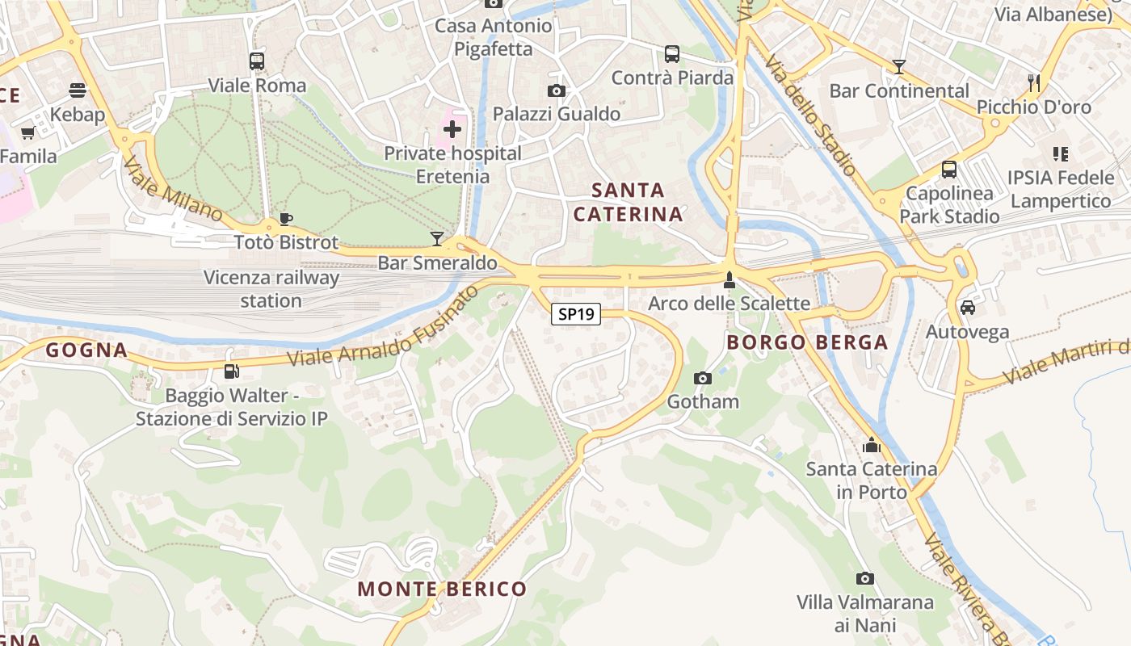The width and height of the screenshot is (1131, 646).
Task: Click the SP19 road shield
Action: click(x=576, y=314)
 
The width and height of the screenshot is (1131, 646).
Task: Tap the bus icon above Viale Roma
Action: click(x=257, y=61)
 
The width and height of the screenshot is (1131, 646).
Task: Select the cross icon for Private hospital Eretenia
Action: click(x=452, y=128)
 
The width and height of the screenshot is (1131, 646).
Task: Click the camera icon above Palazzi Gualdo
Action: click(x=557, y=90)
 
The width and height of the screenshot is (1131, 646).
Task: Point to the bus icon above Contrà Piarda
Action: click(x=672, y=54)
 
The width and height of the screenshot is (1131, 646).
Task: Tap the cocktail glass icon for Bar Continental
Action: click(x=898, y=67)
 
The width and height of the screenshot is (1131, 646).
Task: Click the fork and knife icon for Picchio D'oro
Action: click(x=1033, y=82)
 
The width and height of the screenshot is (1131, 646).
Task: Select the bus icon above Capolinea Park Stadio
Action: click(x=949, y=170)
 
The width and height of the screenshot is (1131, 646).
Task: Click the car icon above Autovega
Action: click(x=967, y=308)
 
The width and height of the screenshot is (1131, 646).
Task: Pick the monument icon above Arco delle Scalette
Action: click(x=729, y=279)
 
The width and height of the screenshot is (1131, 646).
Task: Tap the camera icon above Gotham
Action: click(x=703, y=378)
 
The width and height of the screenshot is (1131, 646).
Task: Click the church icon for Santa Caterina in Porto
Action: click(x=871, y=445)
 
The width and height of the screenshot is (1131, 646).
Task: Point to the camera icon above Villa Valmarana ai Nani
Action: click(x=865, y=578)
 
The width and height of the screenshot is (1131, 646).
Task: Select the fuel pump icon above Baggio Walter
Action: click(x=232, y=371)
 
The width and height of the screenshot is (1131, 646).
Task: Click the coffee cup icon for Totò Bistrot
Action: click(x=285, y=218)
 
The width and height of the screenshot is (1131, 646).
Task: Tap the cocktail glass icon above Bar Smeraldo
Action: click(x=437, y=238)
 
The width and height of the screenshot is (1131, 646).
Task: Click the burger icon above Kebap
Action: click(x=78, y=90)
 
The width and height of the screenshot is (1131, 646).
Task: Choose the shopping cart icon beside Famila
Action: click(x=28, y=132)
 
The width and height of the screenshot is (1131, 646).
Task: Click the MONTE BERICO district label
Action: click(x=442, y=589)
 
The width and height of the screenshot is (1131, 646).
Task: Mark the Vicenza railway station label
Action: click(x=271, y=289)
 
